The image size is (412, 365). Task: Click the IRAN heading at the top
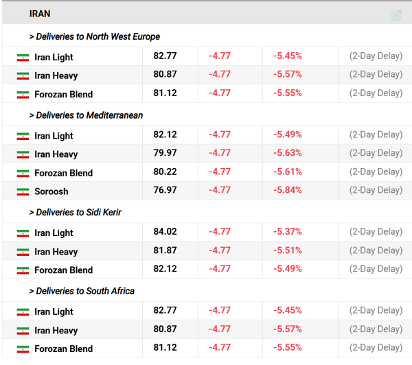[x=40, y=14]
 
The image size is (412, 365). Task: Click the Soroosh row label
[x=51, y=191]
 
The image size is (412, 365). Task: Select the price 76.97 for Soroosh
[x=165, y=190]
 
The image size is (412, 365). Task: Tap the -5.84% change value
[x=288, y=190]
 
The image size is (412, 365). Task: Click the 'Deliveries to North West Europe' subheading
[x=95, y=36]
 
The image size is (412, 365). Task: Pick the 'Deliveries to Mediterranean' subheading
[x=86, y=115]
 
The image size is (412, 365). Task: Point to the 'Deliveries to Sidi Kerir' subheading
[x=75, y=212]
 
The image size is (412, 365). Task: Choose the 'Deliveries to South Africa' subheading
[x=82, y=291]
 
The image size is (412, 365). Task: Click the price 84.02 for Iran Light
[x=165, y=231]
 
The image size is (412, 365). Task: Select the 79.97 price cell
[x=165, y=152]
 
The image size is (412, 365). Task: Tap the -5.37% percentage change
[x=288, y=231]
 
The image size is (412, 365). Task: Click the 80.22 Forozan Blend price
[x=165, y=172]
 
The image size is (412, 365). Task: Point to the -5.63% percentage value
[x=288, y=152]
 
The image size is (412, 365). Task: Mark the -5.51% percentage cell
[x=288, y=250]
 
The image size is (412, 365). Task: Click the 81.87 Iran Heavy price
[x=165, y=250]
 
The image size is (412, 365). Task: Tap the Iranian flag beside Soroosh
[x=23, y=191]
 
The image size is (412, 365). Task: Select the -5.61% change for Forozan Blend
[x=288, y=172]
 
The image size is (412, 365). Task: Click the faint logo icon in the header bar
[x=396, y=16]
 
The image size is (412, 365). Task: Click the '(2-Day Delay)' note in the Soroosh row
[x=376, y=190]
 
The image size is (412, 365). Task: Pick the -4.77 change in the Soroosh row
[x=220, y=190]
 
